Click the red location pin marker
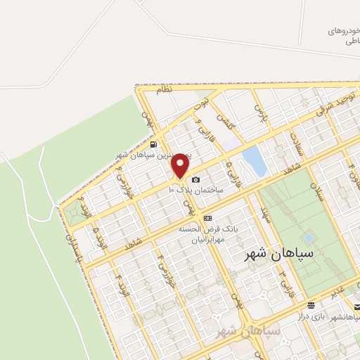coord(181,166)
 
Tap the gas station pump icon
coord(154,145)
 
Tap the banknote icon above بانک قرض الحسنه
coord(207,219)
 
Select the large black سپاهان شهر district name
coord(269,252)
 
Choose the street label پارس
coord(262,112)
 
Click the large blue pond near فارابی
coord(254,161)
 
